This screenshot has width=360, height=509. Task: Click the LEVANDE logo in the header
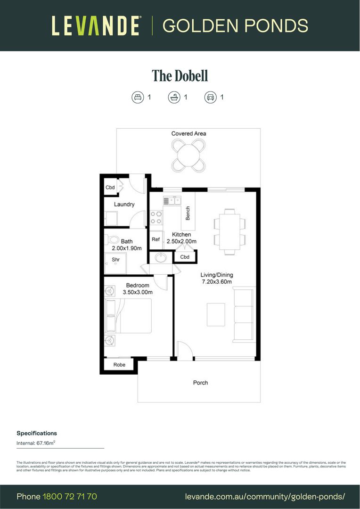pyautogui.click(x=96, y=25)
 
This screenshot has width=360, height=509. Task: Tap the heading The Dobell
pyautogui.click(x=180, y=75)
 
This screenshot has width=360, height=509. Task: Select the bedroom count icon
pyautogui.click(x=137, y=97)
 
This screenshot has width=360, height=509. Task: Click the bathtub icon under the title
pyautogui.click(x=174, y=97)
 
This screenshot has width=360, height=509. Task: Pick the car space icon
pyautogui.click(x=210, y=97)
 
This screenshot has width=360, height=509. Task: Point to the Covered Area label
pyautogui.click(x=188, y=133)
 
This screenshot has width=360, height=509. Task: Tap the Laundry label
pyautogui.click(x=124, y=205)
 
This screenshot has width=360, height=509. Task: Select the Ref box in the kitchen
pyautogui.click(x=155, y=239)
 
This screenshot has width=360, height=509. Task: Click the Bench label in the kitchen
pyautogui.click(x=188, y=213)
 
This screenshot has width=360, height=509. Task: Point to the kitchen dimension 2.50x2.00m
pyautogui.click(x=181, y=241)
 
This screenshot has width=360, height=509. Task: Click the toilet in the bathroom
pyautogui.click(x=111, y=238)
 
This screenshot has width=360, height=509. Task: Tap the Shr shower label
pyautogui.click(x=115, y=259)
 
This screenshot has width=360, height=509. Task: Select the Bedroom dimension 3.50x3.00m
pyautogui.click(x=137, y=292)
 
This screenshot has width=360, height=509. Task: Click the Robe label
pyautogui.click(x=119, y=365)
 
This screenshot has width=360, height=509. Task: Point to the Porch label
pyautogui.click(x=200, y=383)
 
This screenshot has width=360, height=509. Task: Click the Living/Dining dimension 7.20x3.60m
pyautogui.click(x=217, y=282)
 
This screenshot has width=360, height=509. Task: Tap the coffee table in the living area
pyautogui.click(x=216, y=314)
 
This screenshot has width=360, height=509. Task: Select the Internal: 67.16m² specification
pyautogui.click(x=36, y=443)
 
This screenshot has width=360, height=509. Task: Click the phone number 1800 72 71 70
pyautogui.click(x=70, y=497)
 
